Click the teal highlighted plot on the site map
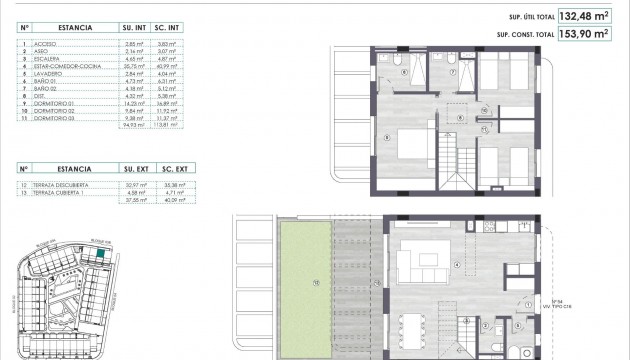point(103,255)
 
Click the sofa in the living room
point(415,265)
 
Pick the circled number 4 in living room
point(457,264)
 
